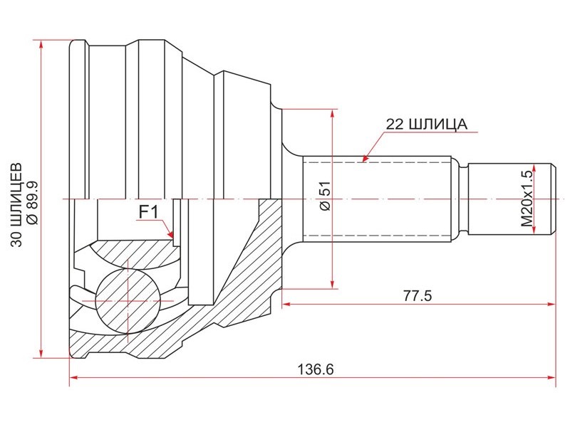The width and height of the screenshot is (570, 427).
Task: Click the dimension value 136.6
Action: pyautogui.click(x=316, y=369)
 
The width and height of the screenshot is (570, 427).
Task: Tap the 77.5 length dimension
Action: pyautogui.click(x=418, y=296)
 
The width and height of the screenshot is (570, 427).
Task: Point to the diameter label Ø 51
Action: pyautogui.click(x=325, y=196)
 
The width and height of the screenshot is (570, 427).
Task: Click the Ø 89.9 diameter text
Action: pyautogui.click(x=32, y=204)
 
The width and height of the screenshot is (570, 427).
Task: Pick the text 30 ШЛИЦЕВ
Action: pyautogui.click(x=16, y=205)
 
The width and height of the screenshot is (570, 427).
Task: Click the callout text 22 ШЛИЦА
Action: pyautogui.click(x=426, y=124)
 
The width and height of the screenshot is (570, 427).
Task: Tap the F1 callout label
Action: pyautogui.click(x=149, y=211)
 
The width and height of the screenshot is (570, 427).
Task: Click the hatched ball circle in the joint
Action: pyautogui.click(x=128, y=301)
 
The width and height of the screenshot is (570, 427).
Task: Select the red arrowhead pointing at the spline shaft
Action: pyautogui.click(x=365, y=158)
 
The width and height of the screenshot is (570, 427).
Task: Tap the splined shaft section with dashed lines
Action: pyautogui.click(x=377, y=199)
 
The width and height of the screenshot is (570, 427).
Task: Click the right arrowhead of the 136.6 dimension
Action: pyautogui.click(x=551, y=378)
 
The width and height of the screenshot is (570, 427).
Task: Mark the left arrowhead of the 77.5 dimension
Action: pyautogui.click(x=286, y=304)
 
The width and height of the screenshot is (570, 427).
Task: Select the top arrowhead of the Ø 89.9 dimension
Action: pyautogui.click(x=41, y=44)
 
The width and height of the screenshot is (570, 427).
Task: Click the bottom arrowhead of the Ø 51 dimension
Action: pyautogui.click(x=332, y=284)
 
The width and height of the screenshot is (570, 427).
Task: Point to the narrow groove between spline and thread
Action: pyautogui.click(x=463, y=199)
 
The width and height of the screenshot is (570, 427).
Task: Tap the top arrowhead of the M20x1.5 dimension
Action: pyautogui.click(x=534, y=168)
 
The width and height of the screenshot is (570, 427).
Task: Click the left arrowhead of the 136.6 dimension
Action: pyautogui.click(x=74, y=378)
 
